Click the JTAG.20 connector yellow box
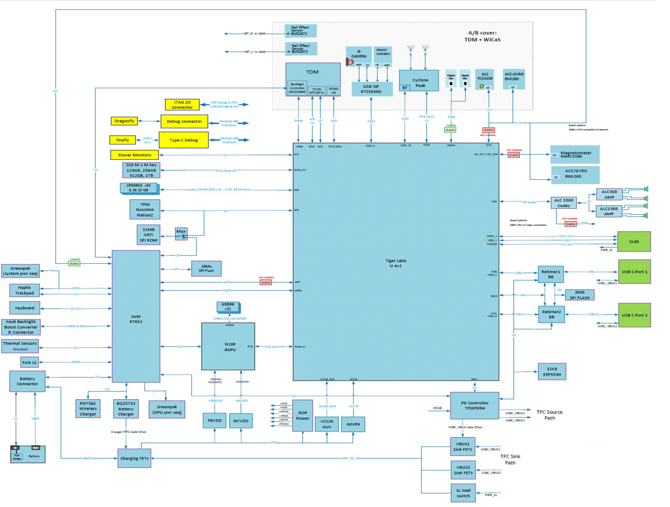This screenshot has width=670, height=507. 182,105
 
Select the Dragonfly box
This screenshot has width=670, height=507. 124,121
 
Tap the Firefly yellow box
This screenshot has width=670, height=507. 122,140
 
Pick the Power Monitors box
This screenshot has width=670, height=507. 135,155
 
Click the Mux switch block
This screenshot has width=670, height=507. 181,234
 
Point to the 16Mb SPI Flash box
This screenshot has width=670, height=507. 206,268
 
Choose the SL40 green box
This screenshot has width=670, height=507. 634,242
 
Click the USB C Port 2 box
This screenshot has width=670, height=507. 634,315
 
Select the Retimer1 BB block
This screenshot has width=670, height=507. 550,274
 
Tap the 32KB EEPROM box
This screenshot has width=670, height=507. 551,372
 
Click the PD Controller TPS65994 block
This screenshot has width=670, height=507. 474,406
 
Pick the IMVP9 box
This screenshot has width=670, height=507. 353,424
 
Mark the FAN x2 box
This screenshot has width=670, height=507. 29,362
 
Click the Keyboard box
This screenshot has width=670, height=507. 25,308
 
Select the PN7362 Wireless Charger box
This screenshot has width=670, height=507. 88,409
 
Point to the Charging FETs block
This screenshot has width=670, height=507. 134,458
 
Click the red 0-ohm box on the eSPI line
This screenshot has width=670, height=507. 266,282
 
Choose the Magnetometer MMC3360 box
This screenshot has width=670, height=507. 575,154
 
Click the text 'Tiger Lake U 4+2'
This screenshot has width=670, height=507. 396,263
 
